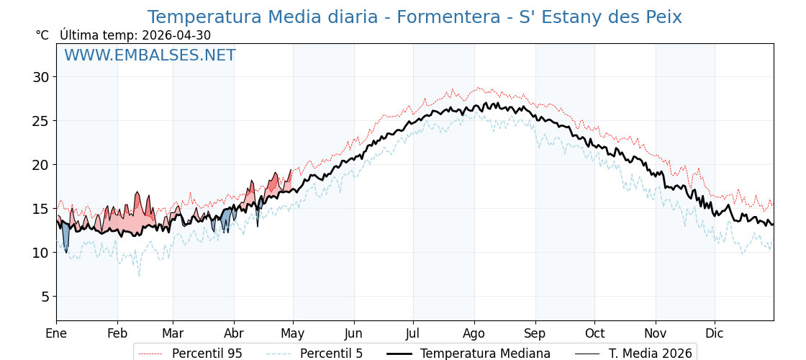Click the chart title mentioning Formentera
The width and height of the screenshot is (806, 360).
click(x=415, y=17)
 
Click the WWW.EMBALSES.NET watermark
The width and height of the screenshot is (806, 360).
click(x=150, y=55)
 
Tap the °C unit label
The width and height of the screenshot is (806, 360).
click(x=42, y=35)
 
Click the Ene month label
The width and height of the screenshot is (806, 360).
click(x=57, y=333)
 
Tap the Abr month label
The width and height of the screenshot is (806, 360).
click(x=235, y=333)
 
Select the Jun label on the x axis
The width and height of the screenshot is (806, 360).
click(x=354, y=333)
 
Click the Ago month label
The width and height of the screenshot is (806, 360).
click(x=474, y=333)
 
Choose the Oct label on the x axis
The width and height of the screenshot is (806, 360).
click(x=594, y=333)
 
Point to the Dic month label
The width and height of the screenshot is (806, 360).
click(x=715, y=333)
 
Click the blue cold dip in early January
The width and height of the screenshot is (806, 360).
click(x=65, y=238)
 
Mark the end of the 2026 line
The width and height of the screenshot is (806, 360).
click(x=291, y=169)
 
